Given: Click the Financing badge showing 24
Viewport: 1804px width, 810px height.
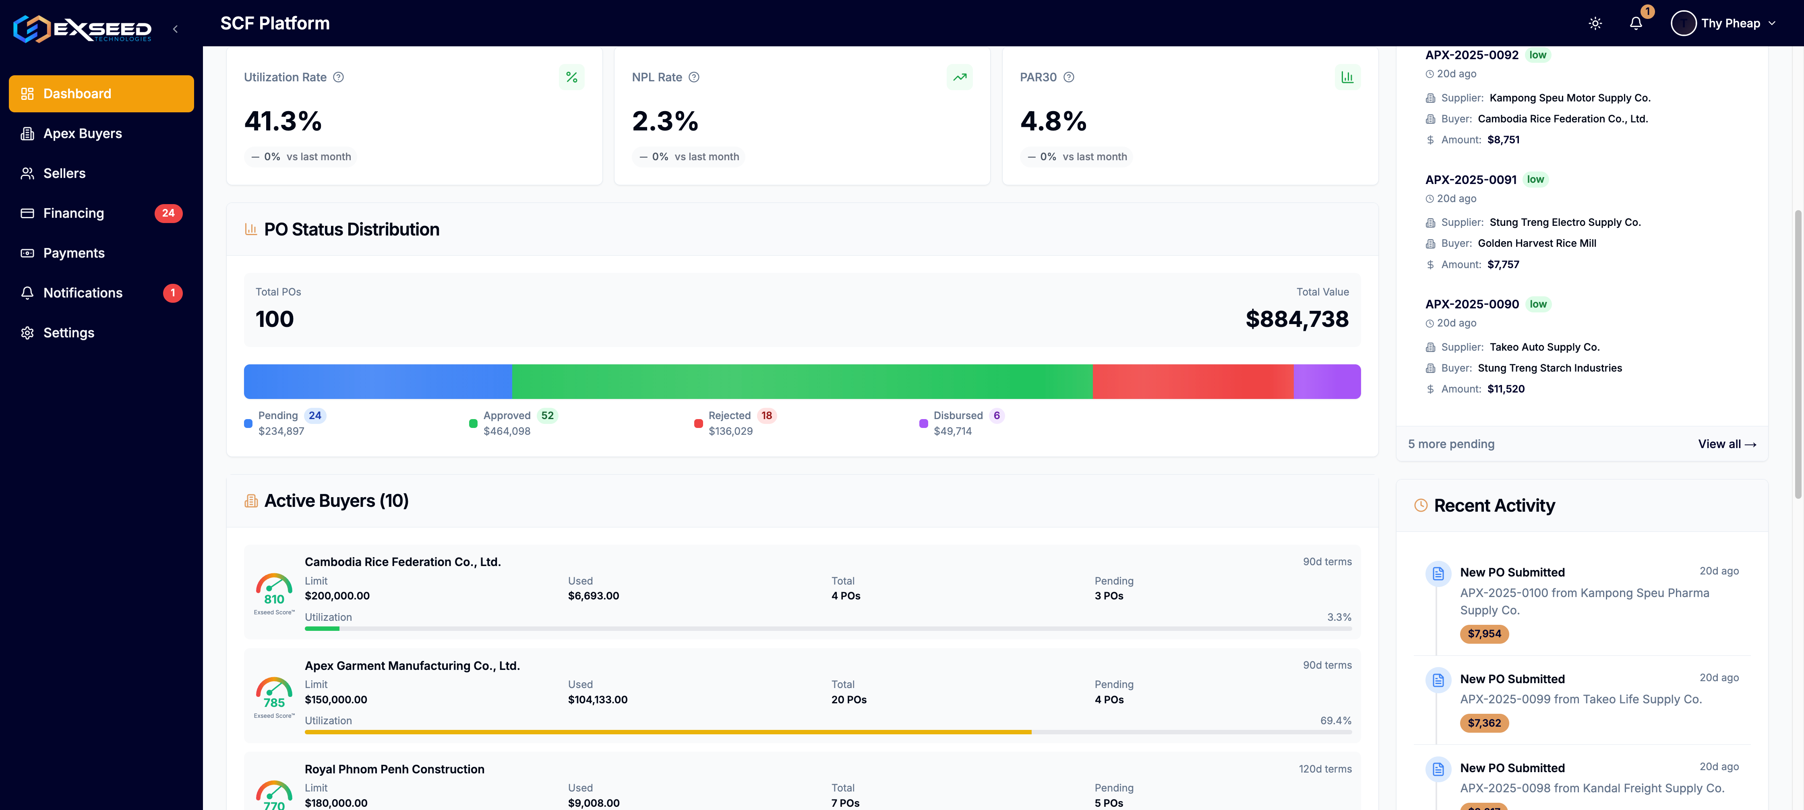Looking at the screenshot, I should [168, 213].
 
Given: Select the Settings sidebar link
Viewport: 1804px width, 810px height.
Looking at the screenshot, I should [68, 333].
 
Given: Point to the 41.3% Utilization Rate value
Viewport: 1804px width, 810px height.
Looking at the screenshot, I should [283, 121].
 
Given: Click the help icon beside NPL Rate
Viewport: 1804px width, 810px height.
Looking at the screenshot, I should [694, 77].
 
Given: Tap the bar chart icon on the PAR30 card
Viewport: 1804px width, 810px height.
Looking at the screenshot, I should [1347, 77].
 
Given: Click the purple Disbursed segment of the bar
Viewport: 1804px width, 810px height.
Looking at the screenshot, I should [1326, 382].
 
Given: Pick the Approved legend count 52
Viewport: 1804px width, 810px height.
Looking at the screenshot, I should [547, 416].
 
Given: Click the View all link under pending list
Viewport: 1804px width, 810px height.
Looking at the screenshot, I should [1726, 444].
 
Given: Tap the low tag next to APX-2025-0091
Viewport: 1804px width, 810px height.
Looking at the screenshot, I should [1535, 180].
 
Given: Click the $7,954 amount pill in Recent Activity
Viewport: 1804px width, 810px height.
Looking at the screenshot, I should [1484, 634].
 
